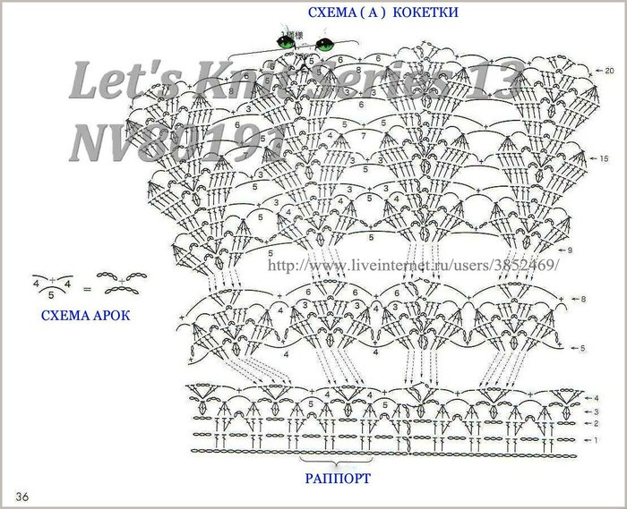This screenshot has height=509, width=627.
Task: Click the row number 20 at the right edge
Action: point(609,70)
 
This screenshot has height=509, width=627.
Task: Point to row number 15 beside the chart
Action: point(606,157)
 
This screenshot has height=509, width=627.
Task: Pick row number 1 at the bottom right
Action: point(596,441)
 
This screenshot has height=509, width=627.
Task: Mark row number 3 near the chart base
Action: point(596,410)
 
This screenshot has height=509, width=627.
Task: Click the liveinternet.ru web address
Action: point(414,267)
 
